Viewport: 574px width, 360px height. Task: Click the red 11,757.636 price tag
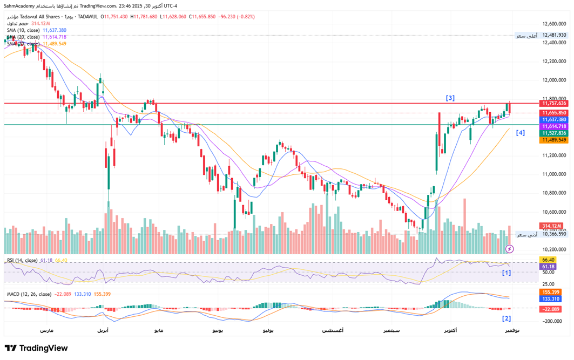click(x=555, y=103)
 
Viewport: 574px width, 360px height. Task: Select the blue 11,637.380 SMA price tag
click(x=555, y=119)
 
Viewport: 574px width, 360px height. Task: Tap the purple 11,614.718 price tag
click(x=555, y=126)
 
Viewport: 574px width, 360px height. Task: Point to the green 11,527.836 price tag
click(x=555, y=133)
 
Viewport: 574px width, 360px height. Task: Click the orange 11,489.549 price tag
click(x=555, y=140)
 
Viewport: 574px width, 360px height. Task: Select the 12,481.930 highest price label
click(x=555, y=35)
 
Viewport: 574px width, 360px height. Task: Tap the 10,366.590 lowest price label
click(x=555, y=234)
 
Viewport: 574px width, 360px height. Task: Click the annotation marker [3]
click(x=450, y=98)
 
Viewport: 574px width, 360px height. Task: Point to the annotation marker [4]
click(x=520, y=133)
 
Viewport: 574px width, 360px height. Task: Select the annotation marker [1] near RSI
click(x=506, y=273)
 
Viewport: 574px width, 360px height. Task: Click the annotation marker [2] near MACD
click(x=506, y=318)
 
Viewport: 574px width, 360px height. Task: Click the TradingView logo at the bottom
click(x=37, y=348)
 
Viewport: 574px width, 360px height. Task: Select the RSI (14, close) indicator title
click(x=22, y=260)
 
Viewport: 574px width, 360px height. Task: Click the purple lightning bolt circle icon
click(x=510, y=249)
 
